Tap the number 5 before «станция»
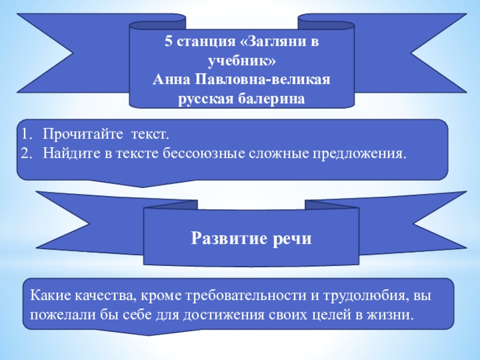point(169,43)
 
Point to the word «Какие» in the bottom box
point(49,296)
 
